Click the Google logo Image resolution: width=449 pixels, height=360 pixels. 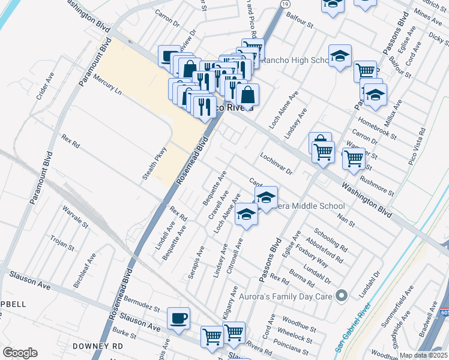tap(20, 353)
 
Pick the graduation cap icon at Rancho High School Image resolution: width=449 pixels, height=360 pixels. tap(340, 56)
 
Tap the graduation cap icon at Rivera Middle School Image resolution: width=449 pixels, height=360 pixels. tap(266, 196)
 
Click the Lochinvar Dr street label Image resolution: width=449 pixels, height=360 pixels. tap(276, 163)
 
